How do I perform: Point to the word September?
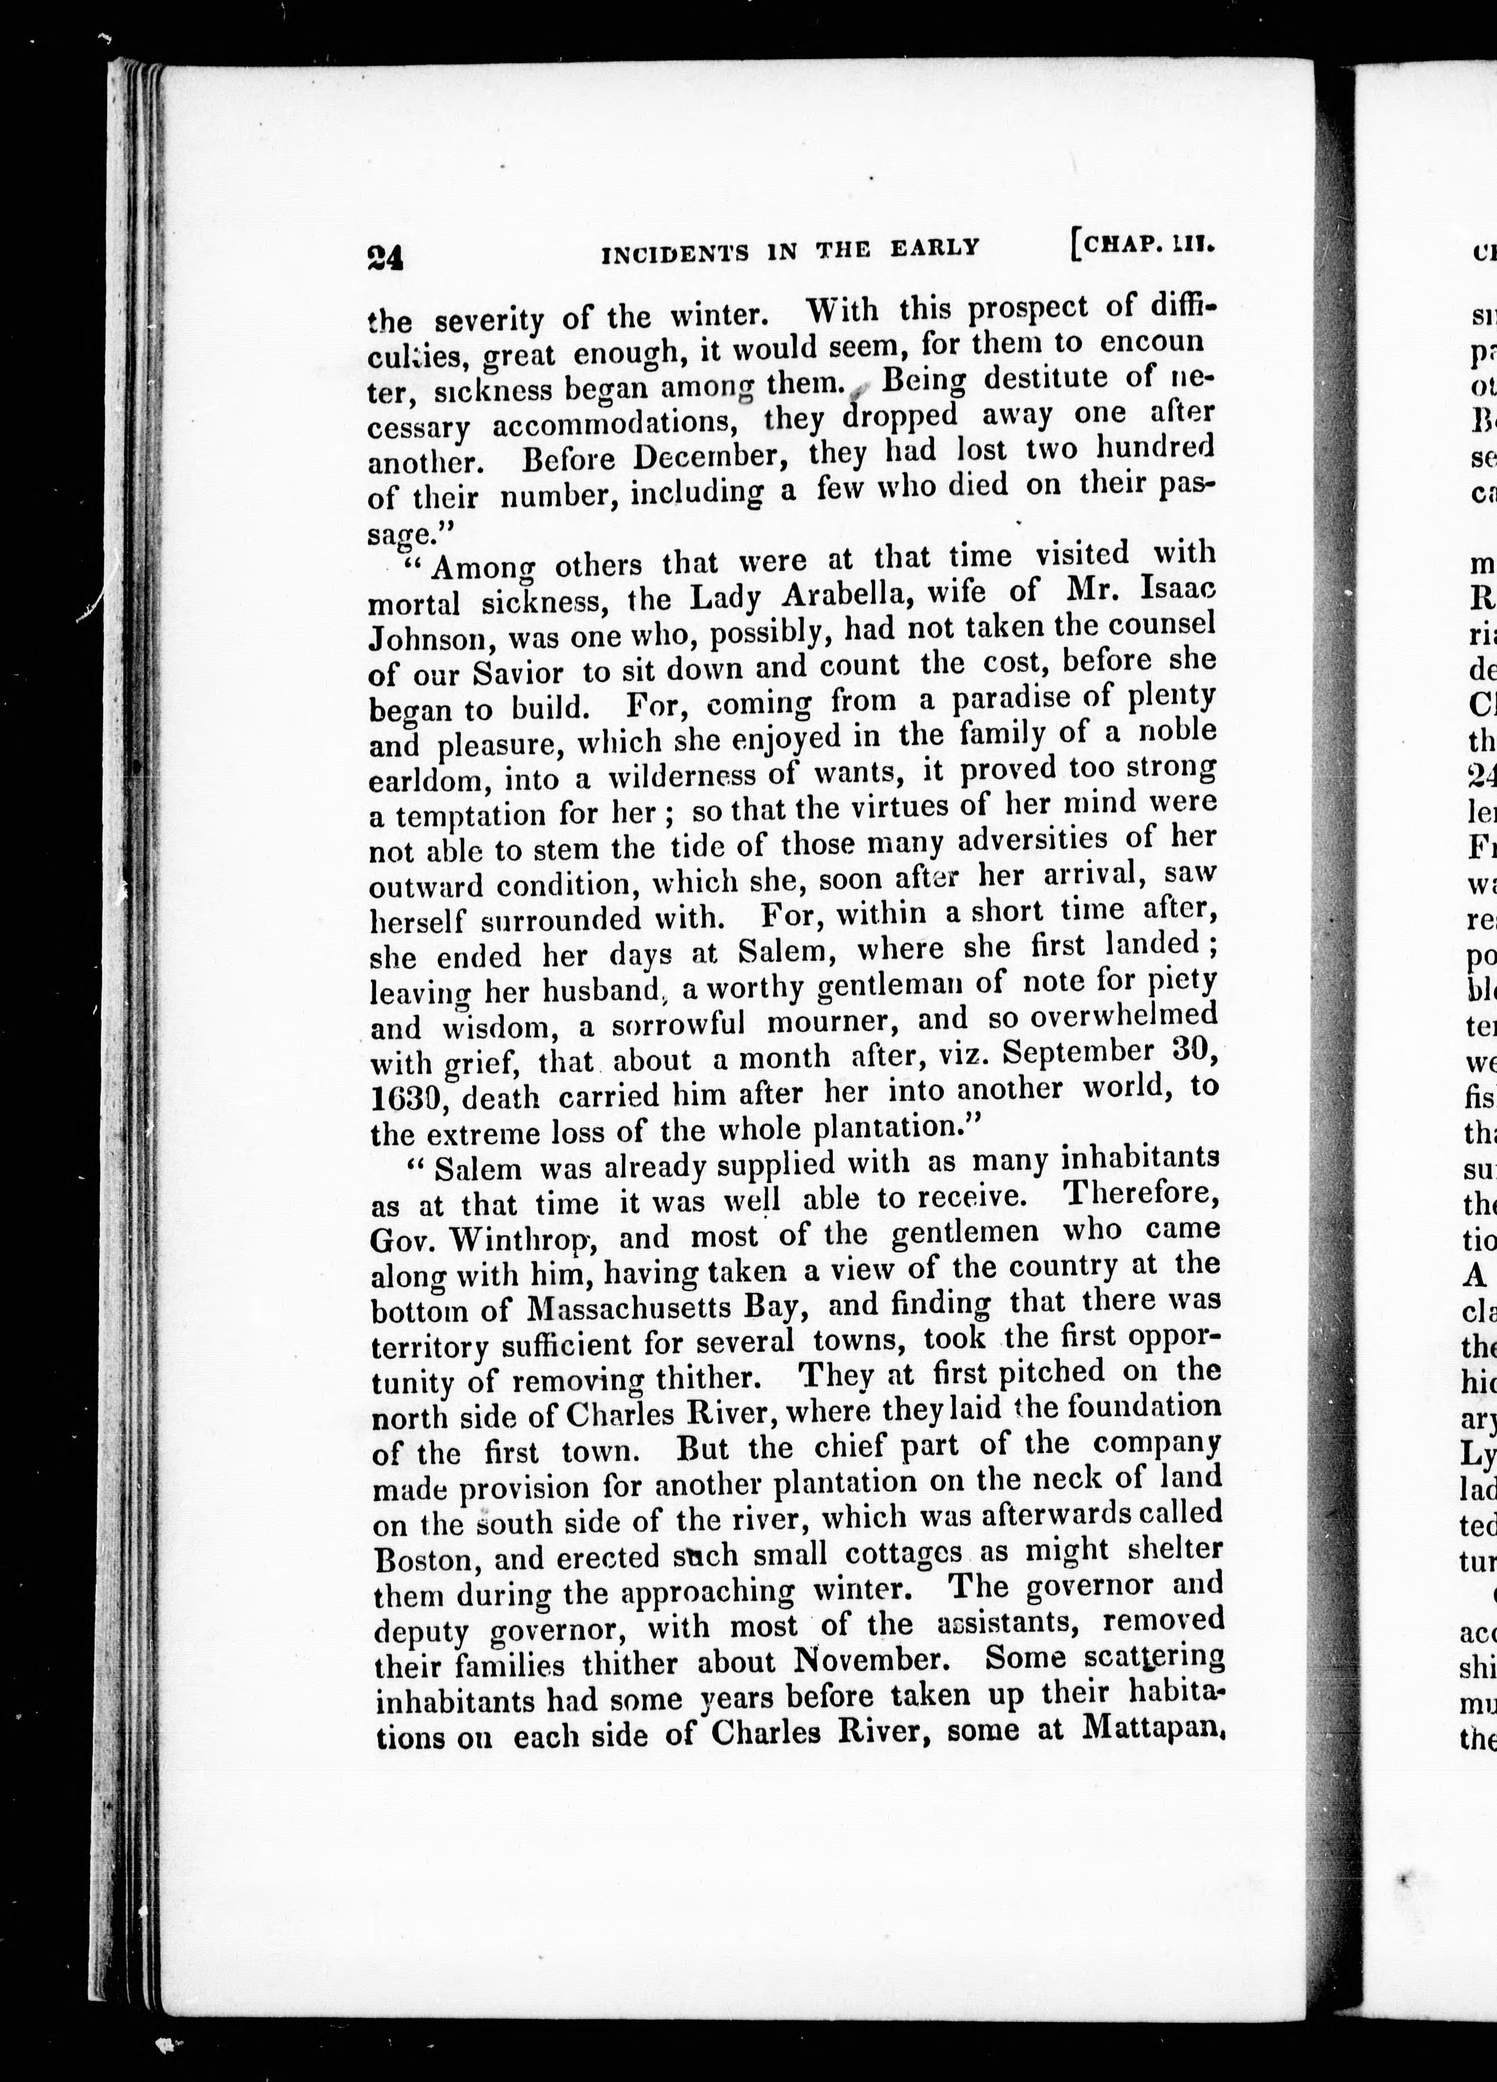tap(1070, 1052)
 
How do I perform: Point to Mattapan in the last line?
tap(1152, 1730)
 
